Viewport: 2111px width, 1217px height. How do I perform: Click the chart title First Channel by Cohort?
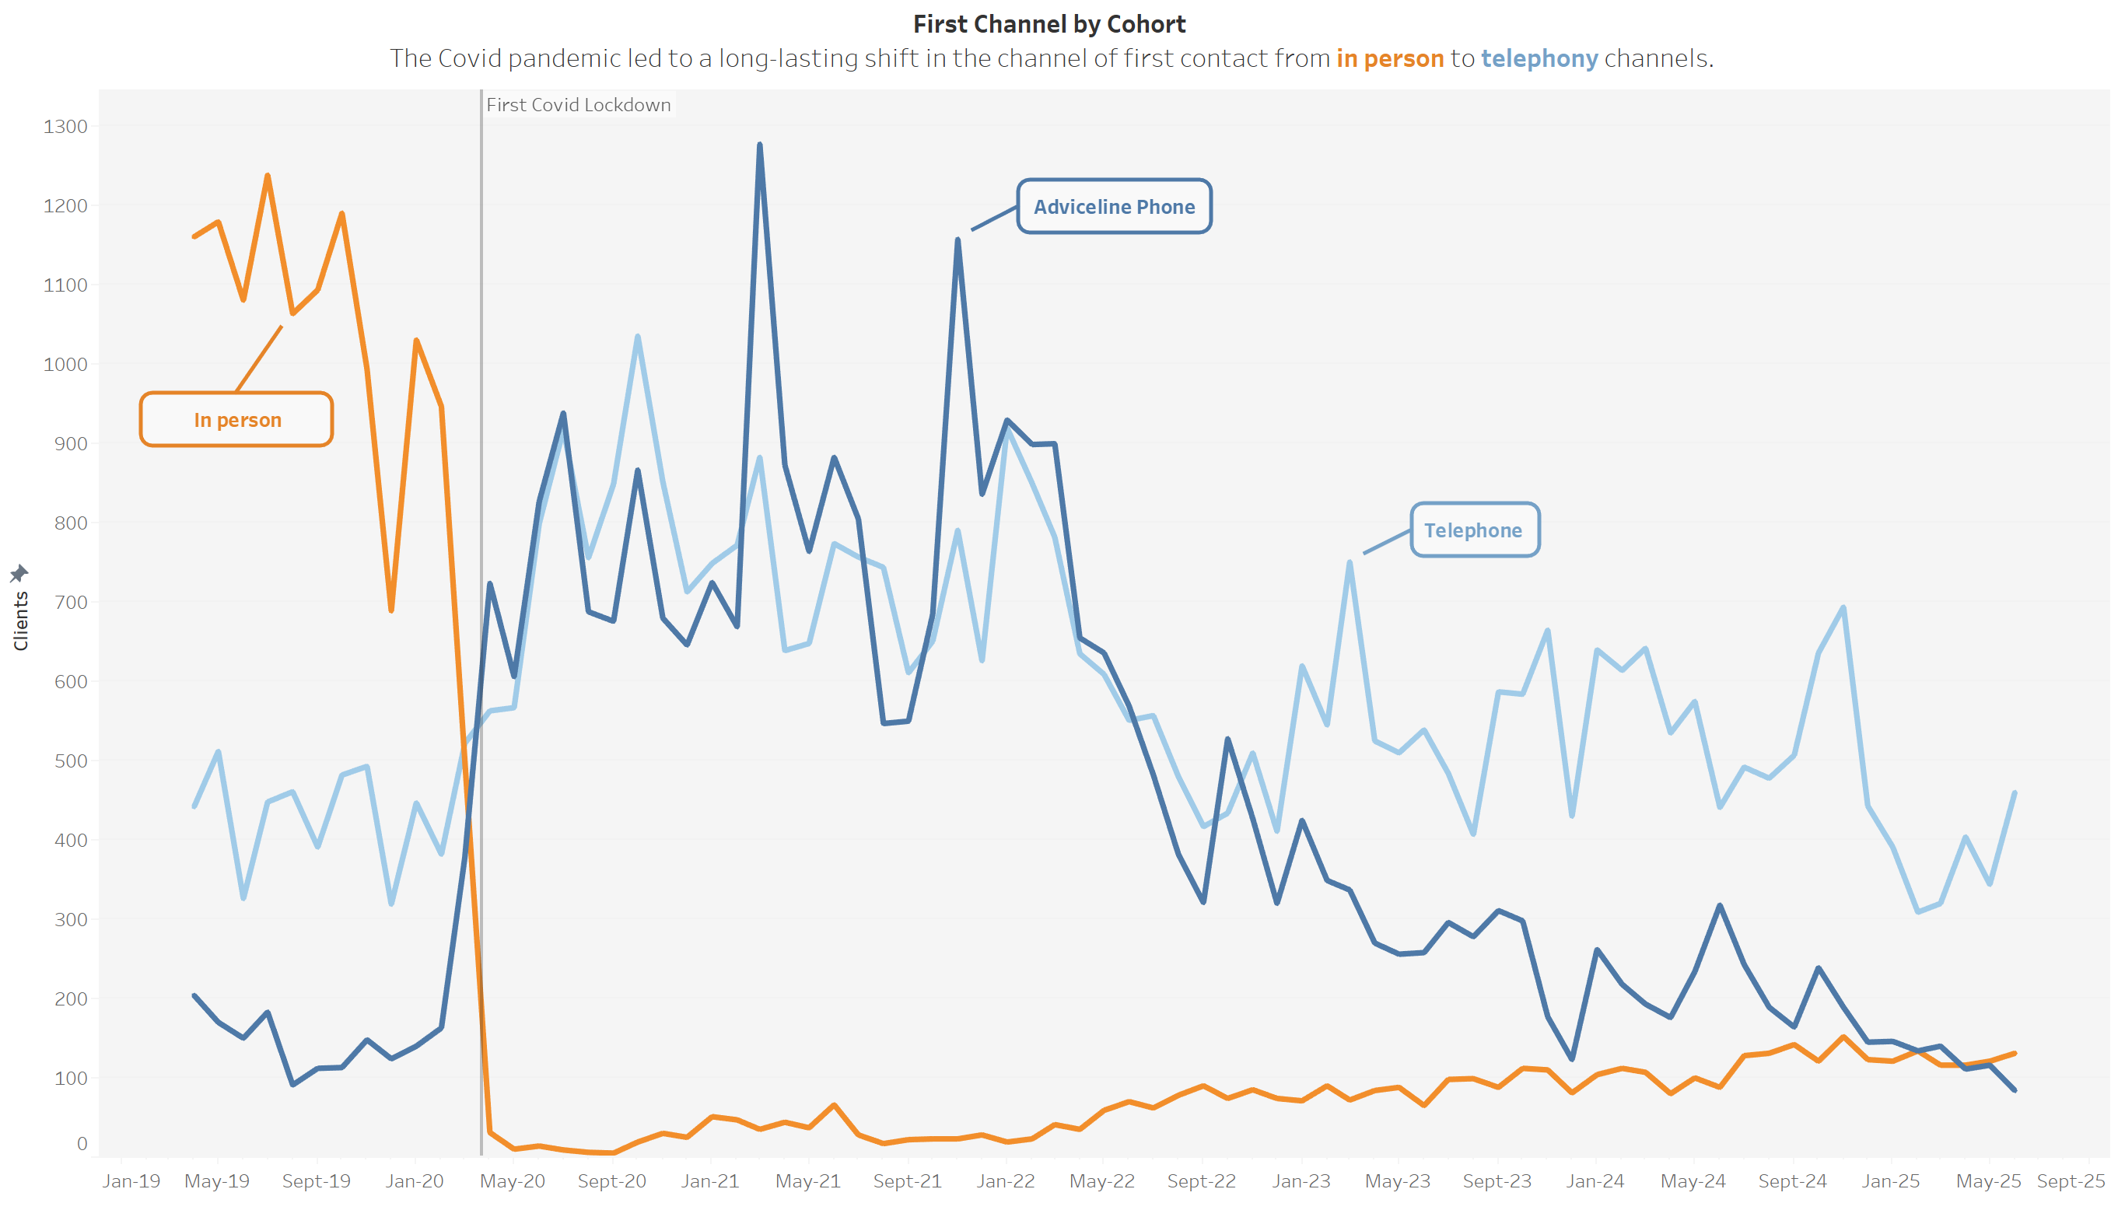[1048, 24]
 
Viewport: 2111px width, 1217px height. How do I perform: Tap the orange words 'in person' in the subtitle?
[1389, 58]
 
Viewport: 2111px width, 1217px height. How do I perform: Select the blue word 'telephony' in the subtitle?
[1539, 58]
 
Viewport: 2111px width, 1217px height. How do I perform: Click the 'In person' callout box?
[236, 420]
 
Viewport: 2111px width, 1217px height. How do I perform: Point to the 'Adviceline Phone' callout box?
[1114, 206]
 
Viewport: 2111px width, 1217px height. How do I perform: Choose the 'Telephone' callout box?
[1474, 530]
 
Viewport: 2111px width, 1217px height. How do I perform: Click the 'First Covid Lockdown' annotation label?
[579, 105]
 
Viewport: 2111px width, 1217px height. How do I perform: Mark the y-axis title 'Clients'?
[21, 621]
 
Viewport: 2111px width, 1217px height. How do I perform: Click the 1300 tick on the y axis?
[65, 127]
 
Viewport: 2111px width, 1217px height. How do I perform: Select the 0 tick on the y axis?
[81, 1143]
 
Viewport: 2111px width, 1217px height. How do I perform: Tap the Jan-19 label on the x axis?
[131, 1181]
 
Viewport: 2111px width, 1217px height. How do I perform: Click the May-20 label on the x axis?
[513, 1181]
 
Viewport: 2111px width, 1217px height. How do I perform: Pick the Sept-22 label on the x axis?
[1202, 1181]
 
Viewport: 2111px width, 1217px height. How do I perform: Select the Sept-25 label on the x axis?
[2071, 1181]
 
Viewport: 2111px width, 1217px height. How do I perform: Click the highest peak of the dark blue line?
[759, 145]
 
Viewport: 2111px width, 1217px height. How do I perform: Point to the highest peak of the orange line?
[268, 176]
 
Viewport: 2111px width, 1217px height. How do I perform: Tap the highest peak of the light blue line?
[638, 337]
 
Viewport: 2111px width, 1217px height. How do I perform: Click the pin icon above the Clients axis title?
[19, 573]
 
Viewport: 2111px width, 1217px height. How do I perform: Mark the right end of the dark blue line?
[2014, 1090]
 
